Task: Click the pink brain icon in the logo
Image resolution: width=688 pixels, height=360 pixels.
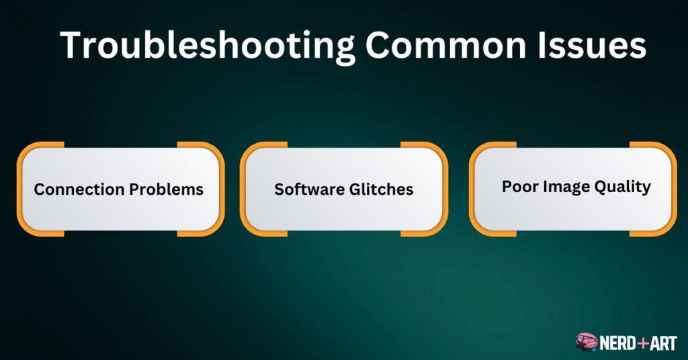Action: click(586, 343)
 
